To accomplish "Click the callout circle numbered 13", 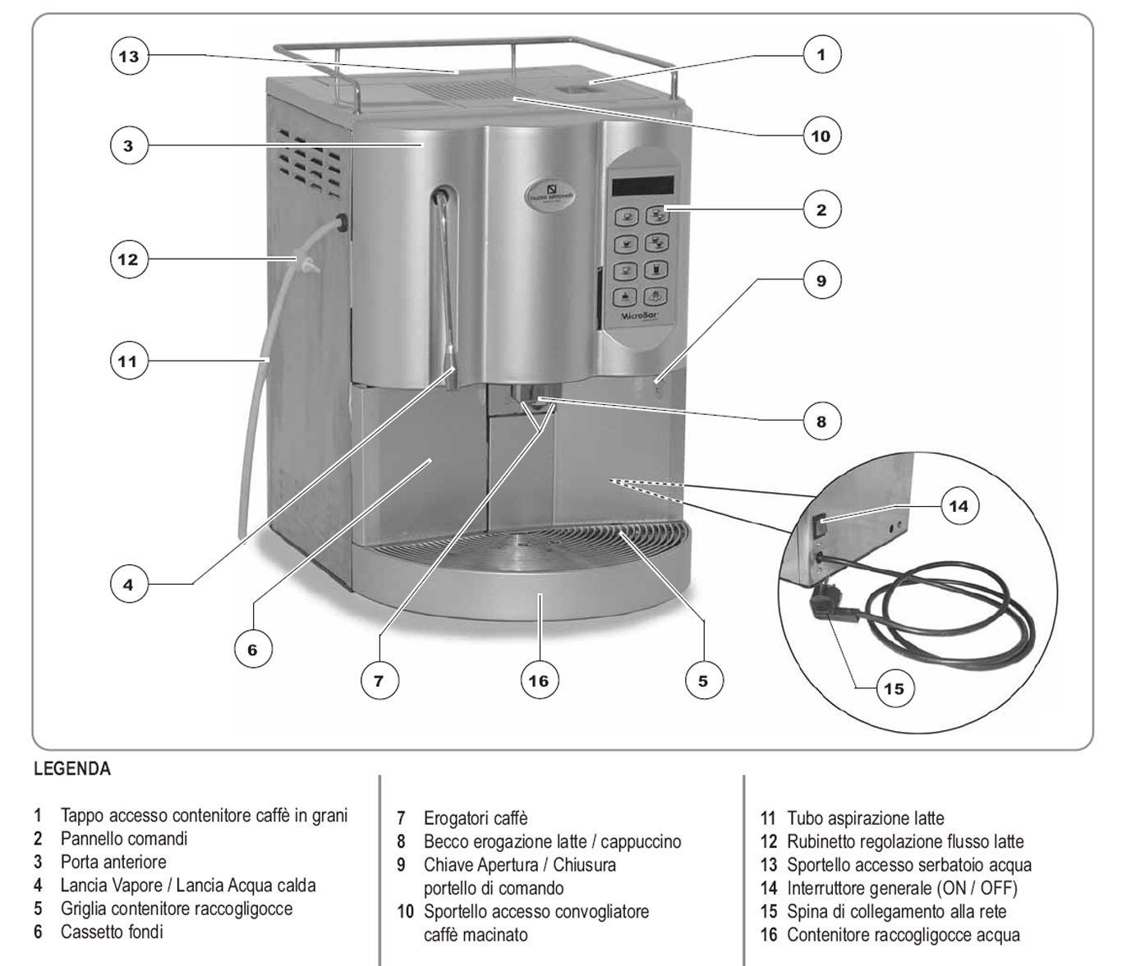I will [129, 56].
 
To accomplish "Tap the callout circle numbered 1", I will [821, 55].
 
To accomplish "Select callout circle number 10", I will [821, 136].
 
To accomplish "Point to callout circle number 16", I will [539, 680].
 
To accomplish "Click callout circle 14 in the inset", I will [959, 506].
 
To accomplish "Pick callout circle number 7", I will [379, 680].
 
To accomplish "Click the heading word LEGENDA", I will [72, 770].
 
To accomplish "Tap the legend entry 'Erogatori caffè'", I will [476, 818].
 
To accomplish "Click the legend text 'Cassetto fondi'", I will [112, 931].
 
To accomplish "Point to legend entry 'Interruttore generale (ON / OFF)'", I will [902, 888].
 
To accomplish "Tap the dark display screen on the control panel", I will [643, 186].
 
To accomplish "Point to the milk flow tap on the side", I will [338, 222].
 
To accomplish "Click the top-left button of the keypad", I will [629, 217].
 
